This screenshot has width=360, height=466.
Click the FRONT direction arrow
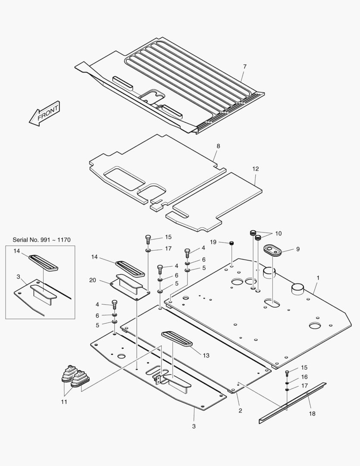(x=44, y=114)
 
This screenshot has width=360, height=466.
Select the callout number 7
(x=244, y=66)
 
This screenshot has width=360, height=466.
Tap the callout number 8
(x=218, y=146)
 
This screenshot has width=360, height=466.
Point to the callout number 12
(x=256, y=169)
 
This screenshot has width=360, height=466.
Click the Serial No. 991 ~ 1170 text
(x=41, y=240)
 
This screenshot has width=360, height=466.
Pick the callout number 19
(x=213, y=242)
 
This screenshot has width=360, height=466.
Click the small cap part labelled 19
(x=232, y=244)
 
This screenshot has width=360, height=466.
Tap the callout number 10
(x=278, y=233)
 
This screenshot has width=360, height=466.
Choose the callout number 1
(x=318, y=278)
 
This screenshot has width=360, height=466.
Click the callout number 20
(x=93, y=280)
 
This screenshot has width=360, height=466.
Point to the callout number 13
(x=206, y=355)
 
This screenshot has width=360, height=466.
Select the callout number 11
(x=64, y=402)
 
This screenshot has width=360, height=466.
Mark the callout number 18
(x=312, y=413)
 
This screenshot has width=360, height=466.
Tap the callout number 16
(x=304, y=377)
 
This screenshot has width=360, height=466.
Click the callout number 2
(x=240, y=410)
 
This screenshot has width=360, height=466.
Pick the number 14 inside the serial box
(x=17, y=251)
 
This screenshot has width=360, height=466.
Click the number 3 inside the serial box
(x=18, y=276)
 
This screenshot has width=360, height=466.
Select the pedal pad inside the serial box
(x=43, y=262)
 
